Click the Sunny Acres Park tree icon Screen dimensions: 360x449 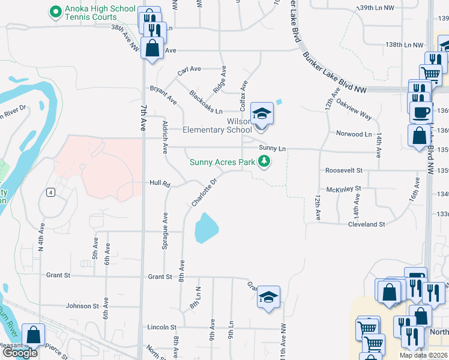(x=264, y=161)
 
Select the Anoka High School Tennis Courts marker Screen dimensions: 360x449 (x=55, y=11)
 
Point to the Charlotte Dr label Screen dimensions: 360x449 (x=203, y=192)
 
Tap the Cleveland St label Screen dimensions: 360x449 (x=366, y=224)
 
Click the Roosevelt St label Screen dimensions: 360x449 (x=344, y=170)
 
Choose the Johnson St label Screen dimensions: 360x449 (x=82, y=306)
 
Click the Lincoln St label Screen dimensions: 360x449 (x=163, y=328)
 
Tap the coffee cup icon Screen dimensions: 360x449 (x=421, y=112)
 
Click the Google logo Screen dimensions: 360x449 (x=20, y=353)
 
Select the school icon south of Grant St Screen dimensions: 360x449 (x=268, y=296)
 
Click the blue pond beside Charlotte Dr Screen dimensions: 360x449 (x=206, y=228)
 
